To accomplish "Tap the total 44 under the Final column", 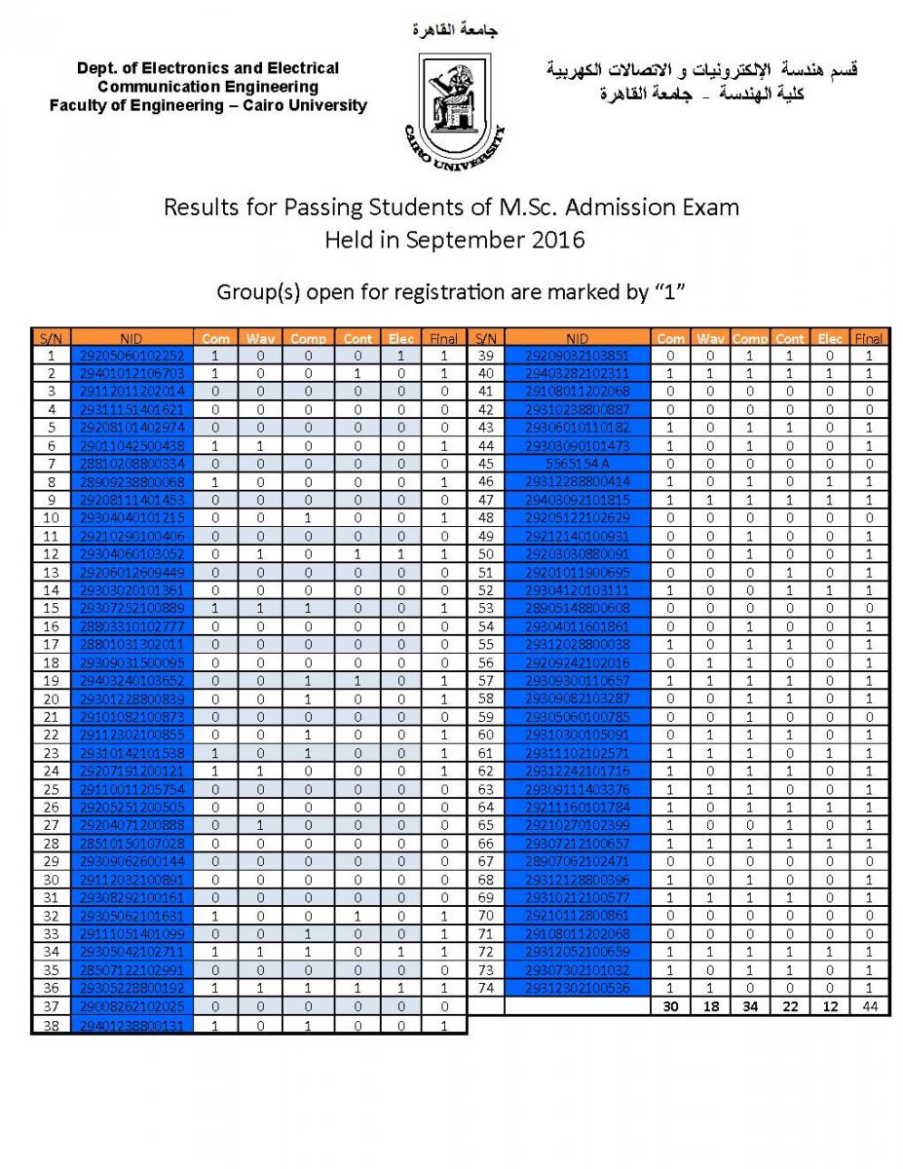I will [x=868, y=1006].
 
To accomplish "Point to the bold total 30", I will [x=670, y=1006].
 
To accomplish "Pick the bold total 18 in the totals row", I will [x=711, y=1006].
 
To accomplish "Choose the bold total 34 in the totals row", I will [x=749, y=1006].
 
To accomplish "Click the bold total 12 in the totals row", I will [x=829, y=1006].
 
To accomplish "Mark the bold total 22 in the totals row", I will [x=790, y=1006].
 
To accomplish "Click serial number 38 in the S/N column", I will [x=51, y=1025].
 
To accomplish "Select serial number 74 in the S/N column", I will [x=485, y=988].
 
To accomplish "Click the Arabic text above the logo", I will [x=454, y=30].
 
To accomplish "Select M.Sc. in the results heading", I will [x=529, y=207].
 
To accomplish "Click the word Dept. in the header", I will [x=98, y=68].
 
